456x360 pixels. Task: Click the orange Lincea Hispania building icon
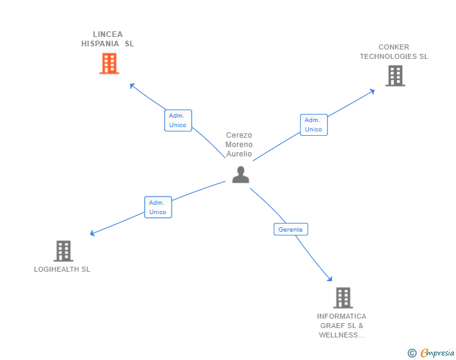109,63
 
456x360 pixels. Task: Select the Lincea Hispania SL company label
108,39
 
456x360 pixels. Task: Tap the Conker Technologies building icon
395,76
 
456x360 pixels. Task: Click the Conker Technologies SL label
393,51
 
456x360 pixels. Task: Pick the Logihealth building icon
63,251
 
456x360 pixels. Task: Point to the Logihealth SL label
62,269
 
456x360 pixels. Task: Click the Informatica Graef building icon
342,298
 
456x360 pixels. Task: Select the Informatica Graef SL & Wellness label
341,326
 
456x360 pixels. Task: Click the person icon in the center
241,175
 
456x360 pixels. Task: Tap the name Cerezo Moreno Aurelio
239,145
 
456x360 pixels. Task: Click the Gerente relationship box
291,229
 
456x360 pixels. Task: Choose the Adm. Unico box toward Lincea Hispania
178,120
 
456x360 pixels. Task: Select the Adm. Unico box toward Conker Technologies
313,125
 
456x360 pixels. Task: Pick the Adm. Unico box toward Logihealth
158,207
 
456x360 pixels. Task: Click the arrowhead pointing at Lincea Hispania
132,85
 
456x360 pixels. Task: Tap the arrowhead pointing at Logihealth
93,234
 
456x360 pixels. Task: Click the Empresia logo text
437,352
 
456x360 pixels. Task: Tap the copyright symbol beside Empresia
412,353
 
